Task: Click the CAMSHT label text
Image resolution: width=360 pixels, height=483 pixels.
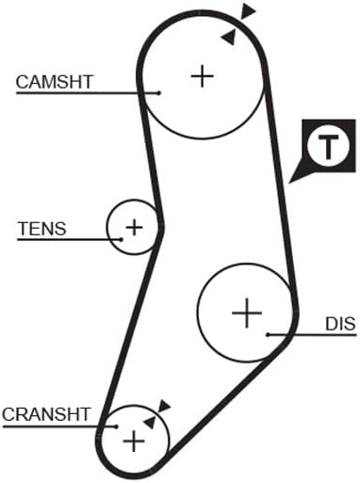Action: pyautogui.click(x=55, y=82)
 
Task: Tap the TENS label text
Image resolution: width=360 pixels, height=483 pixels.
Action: pyautogui.click(x=42, y=229)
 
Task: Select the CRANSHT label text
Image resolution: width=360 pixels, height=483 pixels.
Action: pyautogui.click(x=46, y=414)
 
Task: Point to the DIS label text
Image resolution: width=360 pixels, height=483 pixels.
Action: pyautogui.click(x=341, y=324)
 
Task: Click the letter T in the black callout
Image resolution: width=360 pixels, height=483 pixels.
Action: pyautogui.click(x=329, y=147)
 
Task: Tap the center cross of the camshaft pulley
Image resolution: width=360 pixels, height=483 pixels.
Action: pyautogui.click(x=203, y=76)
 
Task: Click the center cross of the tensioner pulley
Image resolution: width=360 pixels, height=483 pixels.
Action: pyautogui.click(x=134, y=227)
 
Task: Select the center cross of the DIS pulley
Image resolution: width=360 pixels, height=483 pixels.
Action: pyautogui.click(x=247, y=313)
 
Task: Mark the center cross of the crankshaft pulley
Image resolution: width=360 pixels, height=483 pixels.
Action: pyautogui.click(x=134, y=442)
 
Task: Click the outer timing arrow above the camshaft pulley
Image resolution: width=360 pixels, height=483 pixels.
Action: pyautogui.click(x=247, y=12)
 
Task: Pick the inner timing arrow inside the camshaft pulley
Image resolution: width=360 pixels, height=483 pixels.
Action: pyautogui.click(x=229, y=38)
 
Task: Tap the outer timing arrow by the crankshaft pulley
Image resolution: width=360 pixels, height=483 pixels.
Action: pyautogui.click(x=164, y=406)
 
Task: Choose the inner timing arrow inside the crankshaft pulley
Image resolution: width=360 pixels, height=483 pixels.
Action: pyautogui.click(x=151, y=423)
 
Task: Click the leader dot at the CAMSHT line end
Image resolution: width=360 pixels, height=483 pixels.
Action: pyautogui.click(x=159, y=93)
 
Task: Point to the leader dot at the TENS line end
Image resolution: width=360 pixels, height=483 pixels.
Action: pyautogui.click(x=122, y=239)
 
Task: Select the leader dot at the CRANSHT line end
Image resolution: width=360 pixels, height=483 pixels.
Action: pyautogui.click(x=117, y=427)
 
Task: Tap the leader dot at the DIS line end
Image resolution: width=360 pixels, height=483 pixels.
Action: pyautogui.click(x=268, y=335)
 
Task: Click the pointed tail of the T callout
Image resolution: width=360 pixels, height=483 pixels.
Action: pyautogui.click(x=289, y=182)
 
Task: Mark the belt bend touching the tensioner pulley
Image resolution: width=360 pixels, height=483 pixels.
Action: pyautogui.click(x=160, y=227)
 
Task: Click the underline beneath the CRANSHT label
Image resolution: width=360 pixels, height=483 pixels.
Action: pyautogui.click(x=59, y=427)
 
